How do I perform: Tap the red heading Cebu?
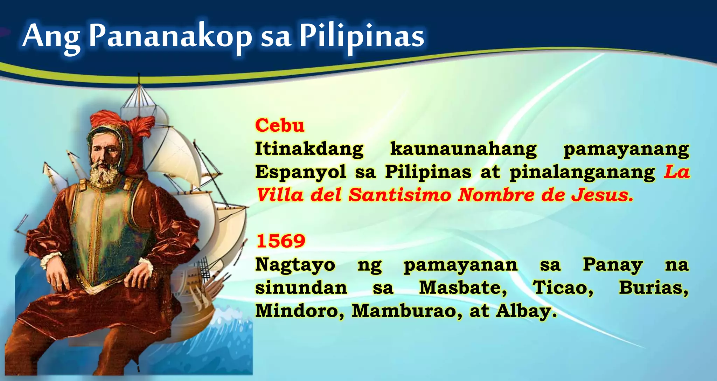(x=280, y=125)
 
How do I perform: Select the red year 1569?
(x=281, y=241)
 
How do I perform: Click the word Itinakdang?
(x=309, y=149)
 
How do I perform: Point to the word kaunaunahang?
(x=463, y=149)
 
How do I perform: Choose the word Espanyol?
(x=300, y=172)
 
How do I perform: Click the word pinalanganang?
(x=582, y=172)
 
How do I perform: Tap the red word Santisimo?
(x=400, y=195)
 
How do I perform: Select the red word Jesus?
(x=602, y=195)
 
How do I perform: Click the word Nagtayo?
(x=295, y=264)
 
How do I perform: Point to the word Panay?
(x=612, y=264)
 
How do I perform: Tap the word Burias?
(x=653, y=288)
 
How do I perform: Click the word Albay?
(x=526, y=311)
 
